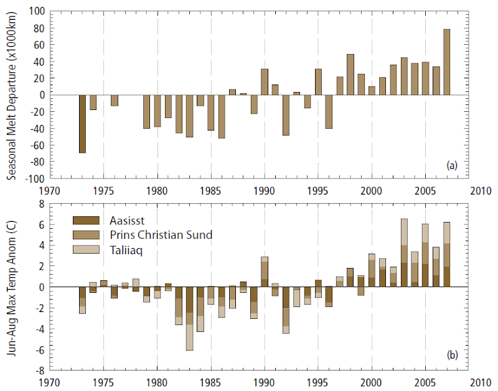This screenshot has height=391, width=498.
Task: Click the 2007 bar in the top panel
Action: (446, 62)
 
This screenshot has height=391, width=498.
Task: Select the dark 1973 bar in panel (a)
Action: (82, 124)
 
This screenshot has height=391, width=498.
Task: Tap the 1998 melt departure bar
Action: (350, 75)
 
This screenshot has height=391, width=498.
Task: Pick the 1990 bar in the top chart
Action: (265, 82)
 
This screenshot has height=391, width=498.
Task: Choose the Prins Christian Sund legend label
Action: (160, 235)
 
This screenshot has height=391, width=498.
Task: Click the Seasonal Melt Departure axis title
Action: (13, 95)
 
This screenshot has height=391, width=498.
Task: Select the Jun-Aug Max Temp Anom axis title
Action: (13, 287)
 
